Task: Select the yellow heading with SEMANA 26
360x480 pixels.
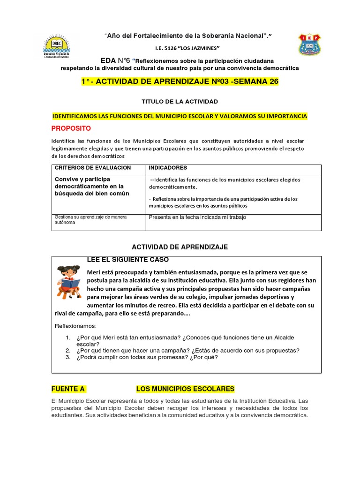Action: coord(180,82)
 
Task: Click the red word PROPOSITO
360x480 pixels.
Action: coord(71,128)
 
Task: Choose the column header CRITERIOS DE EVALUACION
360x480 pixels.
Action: coord(93,168)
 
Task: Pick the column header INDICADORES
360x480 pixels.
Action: coord(168,168)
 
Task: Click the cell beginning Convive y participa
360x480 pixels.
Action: coord(92,186)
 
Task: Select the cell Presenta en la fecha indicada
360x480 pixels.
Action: coord(197,217)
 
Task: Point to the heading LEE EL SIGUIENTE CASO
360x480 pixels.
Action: coord(128,260)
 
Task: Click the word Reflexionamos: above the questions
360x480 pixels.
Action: coord(75,326)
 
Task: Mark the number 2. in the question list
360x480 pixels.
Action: coord(67,350)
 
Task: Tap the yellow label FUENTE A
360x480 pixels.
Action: coord(68,389)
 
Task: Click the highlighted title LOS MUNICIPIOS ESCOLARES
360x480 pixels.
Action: coord(185,389)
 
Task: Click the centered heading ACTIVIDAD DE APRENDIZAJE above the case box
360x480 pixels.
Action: coord(180,247)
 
